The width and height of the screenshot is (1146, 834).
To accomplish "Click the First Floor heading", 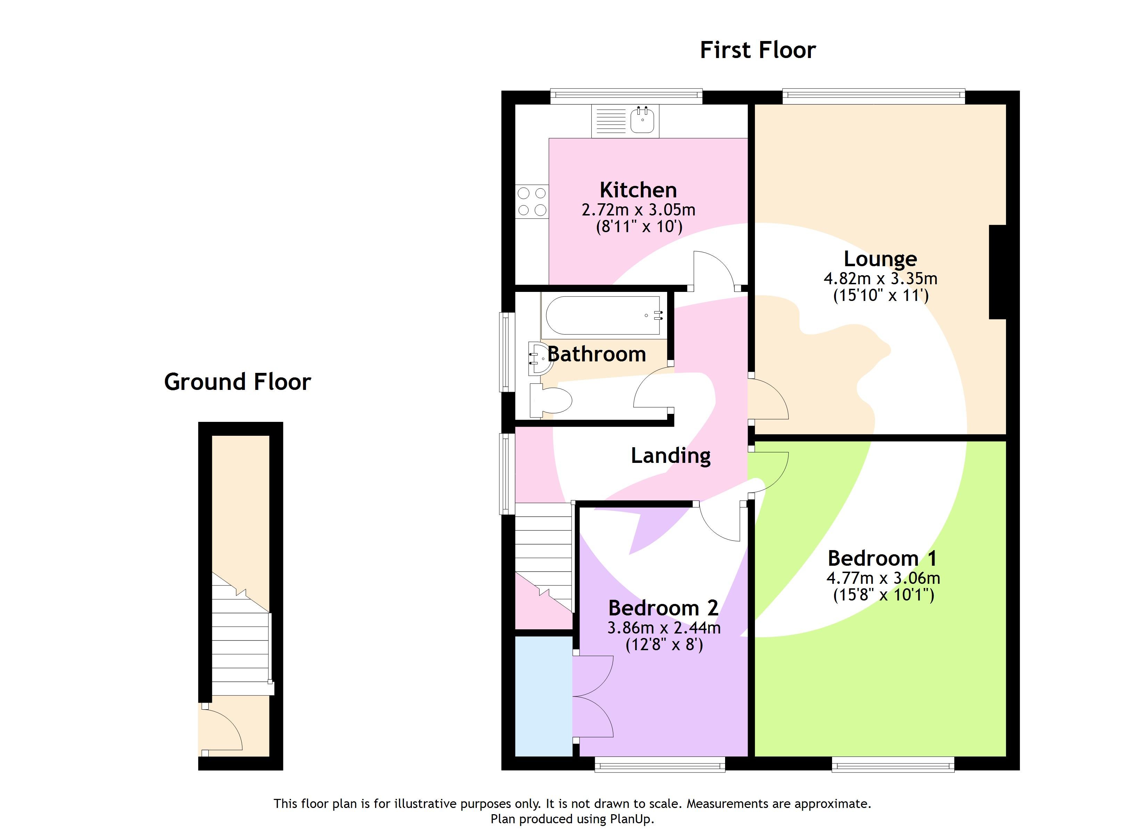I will pyautogui.click(x=757, y=50).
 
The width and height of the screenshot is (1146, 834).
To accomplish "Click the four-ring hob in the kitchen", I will pyautogui.click(x=532, y=201).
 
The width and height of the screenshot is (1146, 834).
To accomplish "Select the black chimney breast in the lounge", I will pyautogui.click(x=997, y=272).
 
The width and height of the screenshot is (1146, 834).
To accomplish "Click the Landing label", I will pyautogui.click(x=671, y=456).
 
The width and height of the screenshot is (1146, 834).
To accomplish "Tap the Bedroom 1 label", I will pyautogui.click(x=882, y=558).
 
